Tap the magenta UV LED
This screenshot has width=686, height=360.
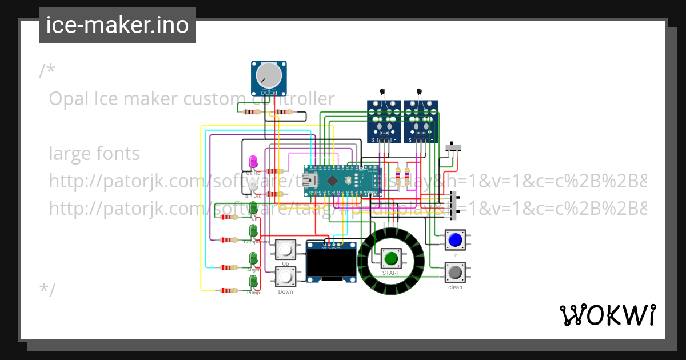point(253,162)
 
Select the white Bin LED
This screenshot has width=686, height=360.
point(253,186)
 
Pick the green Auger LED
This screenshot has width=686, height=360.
point(253,259)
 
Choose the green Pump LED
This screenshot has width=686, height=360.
point(253,282)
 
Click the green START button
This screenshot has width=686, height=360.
point(391,258)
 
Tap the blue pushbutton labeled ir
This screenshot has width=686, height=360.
point(455,239)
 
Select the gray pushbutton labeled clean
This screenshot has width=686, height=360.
point(455,272)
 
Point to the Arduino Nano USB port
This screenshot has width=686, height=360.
point(312,181)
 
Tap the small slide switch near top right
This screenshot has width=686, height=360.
point(453,147)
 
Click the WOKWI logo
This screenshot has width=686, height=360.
point(607,315)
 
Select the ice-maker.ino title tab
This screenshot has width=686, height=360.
point(117,25)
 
